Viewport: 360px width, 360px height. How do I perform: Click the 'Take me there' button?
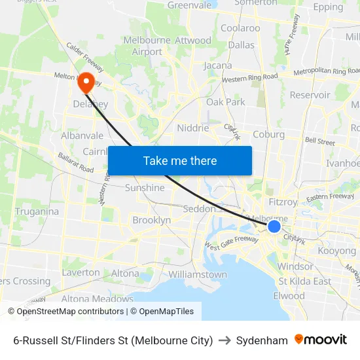click(179, 160)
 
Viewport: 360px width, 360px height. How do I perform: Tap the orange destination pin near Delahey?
click(86, 82)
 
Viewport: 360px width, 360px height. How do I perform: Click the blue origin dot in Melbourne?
click(274, 226)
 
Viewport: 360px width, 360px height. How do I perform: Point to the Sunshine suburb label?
click(145, 188)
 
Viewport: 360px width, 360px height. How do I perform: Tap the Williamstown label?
click(198, 275)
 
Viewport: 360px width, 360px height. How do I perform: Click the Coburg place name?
click(268, 135)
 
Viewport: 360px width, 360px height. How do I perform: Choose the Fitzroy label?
click(283, 202)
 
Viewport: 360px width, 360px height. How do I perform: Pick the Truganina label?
click(37, 211)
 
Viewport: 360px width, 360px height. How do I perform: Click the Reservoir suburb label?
click(310, 95)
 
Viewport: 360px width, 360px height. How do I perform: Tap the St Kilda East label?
click(304, 281)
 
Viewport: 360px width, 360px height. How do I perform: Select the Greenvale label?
click(189, 5)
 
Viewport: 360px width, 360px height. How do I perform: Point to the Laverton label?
click(81, 272)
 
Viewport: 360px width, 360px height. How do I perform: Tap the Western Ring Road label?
click(249, 77)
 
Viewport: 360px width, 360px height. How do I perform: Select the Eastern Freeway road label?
click(330, 197)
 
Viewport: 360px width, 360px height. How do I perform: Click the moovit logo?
click(321, 340)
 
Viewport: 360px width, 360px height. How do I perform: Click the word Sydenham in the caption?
click(262, 340)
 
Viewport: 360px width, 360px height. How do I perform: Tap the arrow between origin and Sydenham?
click(225, 340)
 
